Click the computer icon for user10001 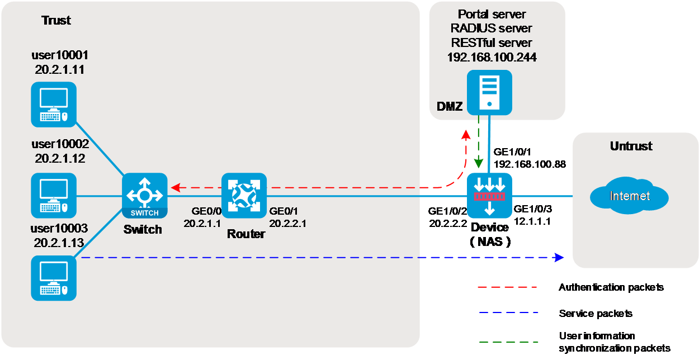[x=53, y=105]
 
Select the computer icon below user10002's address [x=53, y=196]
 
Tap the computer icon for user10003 [x=53, y=278]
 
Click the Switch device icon [x=145, y=196]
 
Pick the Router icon [x=244, y=196]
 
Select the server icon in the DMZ [x=489, y=92]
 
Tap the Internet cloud [x=629, y=196]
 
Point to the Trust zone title [x=56, y=21]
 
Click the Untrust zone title [x=631, y=146]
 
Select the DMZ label [x=450, y=106]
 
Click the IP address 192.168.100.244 [x=492, y=57]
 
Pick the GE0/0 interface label [x=206, y=211]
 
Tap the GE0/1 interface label [x=284, y=211]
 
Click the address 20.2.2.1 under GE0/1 [x=287, y=223]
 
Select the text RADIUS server [x=492, y=28]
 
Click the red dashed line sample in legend [x=507, y=287]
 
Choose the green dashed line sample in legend [x=507, y=341]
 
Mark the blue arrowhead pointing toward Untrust [x=559, y=257]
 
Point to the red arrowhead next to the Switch [x=174, y=187]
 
